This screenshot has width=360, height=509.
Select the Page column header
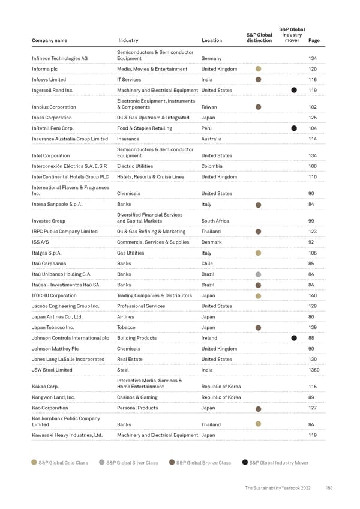pyautogui.click(x=313, y=41)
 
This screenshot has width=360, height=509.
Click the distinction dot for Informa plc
pyautogui.click(x=258, y=69)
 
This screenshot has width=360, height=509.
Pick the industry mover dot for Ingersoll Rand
pyautogui.click(x=294, y=90)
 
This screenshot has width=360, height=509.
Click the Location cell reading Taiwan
pyautogui.click(x=209, y=107)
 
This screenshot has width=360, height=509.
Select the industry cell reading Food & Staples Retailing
pyautogui.click(x=145, y=128)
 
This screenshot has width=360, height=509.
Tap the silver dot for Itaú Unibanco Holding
pyautogui.click(x=258, y=274)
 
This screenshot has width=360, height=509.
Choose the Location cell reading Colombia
pyautogui.click(x=212, y=166)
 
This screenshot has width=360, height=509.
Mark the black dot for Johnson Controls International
pyautogui.click(x=294, y=338)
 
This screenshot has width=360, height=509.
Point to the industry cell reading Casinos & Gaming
pyautogui.click(x=137, y=397)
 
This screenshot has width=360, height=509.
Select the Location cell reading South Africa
pyautogui.click(x=216, y=221)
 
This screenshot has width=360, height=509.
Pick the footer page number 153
pyautogui.click(x=329, y=488)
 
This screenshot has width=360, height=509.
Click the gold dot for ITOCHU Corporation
pyautogui.click(x=258, y=296)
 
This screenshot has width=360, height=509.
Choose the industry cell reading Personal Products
pyautogui.click(x=137, y=408)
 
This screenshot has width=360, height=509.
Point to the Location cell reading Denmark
pyautogui.click(x=212, y=242)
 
